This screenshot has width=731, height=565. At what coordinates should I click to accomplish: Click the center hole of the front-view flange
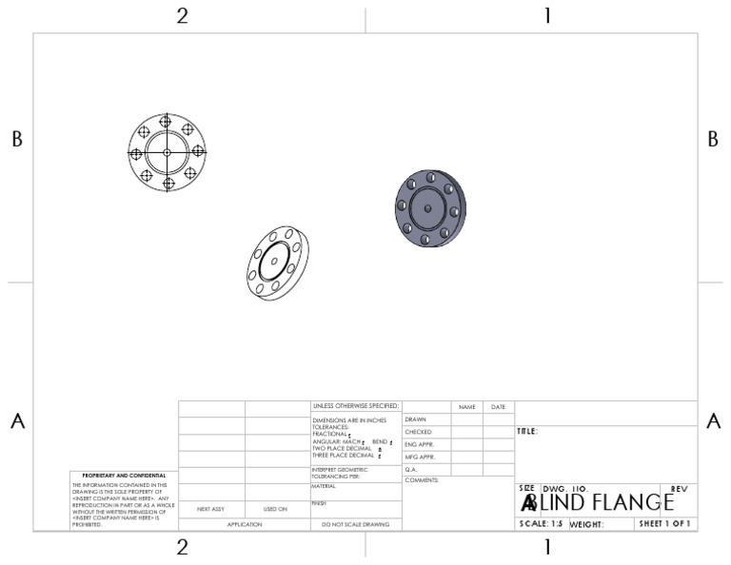pos(167,152)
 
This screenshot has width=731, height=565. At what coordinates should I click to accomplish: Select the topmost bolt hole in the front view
pos(167,122)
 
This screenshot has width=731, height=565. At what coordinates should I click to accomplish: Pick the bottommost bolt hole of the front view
pos(167,183)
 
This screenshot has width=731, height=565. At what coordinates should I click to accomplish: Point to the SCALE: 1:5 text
pos(541,524)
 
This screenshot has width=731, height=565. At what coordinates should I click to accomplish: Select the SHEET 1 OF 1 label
pos(665,524)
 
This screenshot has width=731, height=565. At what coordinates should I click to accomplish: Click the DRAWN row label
pos(415,419)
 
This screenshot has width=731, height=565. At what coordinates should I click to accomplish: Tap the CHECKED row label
pos(418,432)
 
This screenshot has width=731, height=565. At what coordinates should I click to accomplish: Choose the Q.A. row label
pos(411,469)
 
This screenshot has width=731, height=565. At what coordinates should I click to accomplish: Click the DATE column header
pos(498,407)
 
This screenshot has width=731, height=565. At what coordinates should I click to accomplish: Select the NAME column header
pos(466,407)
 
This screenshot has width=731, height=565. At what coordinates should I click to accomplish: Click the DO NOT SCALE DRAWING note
pos(356,524)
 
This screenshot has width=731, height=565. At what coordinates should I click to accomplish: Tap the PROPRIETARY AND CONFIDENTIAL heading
pos(124,475)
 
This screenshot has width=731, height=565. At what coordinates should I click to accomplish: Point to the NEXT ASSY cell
pos(210,509)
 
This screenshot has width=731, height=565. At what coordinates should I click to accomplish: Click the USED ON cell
pos(275,509)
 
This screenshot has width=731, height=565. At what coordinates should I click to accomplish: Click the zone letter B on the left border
pos(16,139)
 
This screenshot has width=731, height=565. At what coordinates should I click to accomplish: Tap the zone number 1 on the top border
pos(547,15)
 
